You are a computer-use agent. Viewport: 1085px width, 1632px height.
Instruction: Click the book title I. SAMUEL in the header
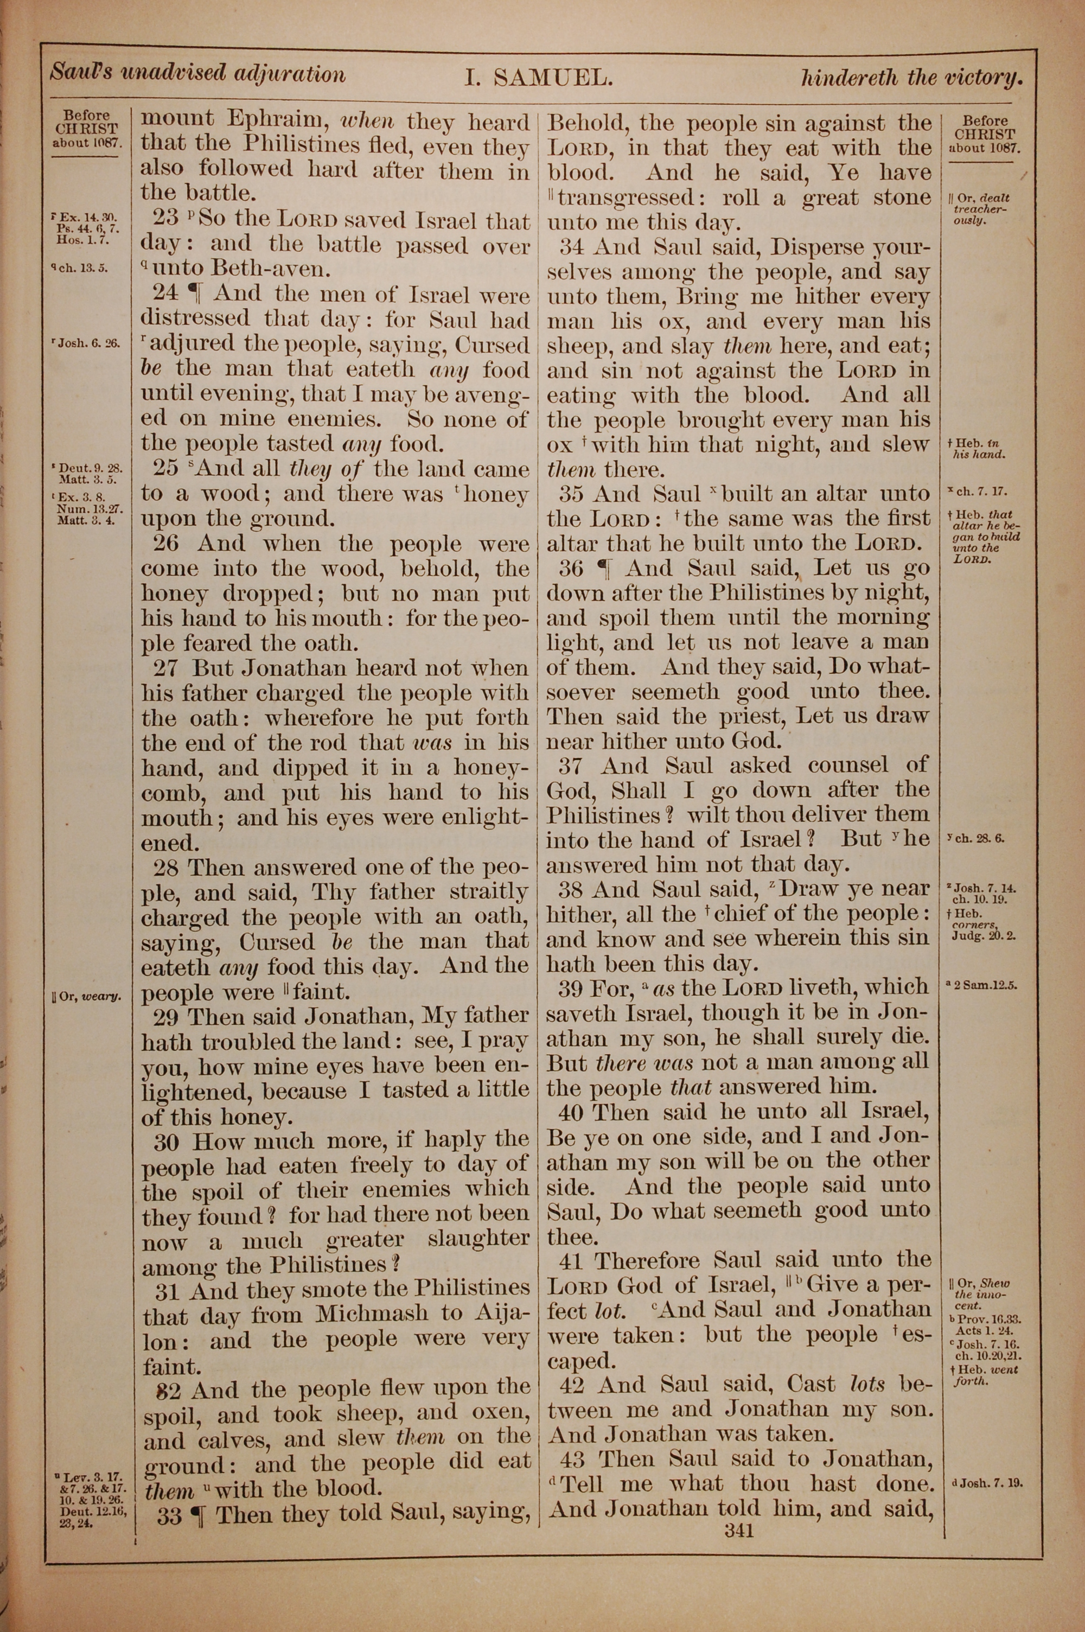[x=538, y=78]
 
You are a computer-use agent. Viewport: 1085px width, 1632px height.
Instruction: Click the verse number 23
[x=166, y=219]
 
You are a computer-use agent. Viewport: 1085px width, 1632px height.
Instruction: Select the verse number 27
[x=166, y=668]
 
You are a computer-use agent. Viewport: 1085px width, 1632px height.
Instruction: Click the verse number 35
[x=572, y=494]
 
